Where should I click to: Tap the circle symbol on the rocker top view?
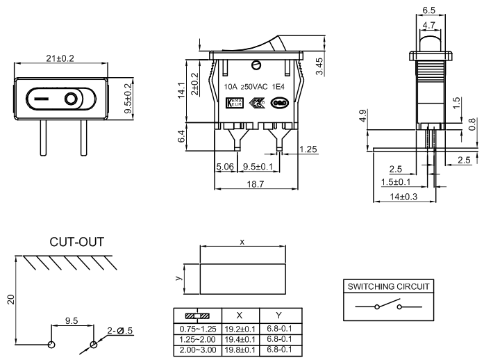[x=72, y=99]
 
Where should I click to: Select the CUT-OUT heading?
[x=76, y=243]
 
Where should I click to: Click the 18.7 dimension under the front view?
[x=256, y=184]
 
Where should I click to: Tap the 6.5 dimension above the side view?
[x=429, y=11]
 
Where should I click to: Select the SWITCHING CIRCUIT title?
[x=389, y=286]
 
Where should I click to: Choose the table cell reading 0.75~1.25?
[x=197, y=328]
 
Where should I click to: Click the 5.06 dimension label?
[x=225, y=167]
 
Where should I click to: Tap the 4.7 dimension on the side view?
[x=429, y=26]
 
